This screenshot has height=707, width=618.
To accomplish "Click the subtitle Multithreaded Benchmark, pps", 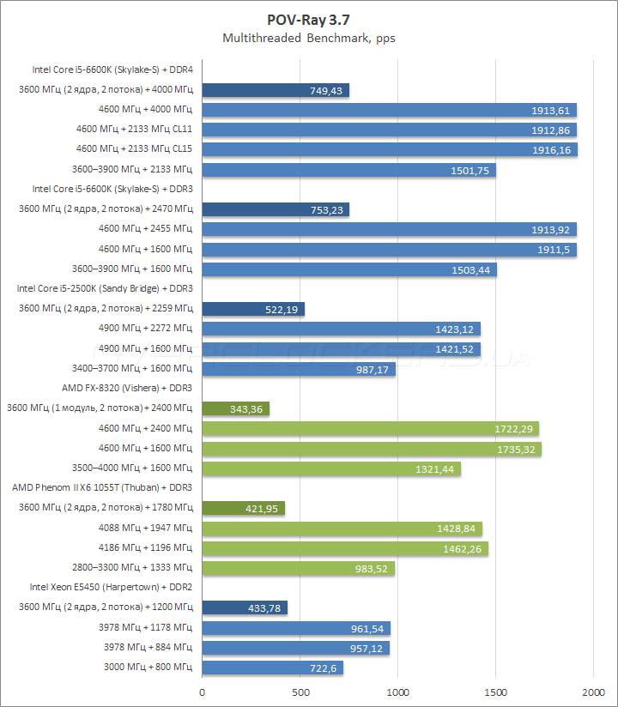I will (309, 38).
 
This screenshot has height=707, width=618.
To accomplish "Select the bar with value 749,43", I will (276, 90).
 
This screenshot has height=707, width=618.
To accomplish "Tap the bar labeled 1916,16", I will (389, 149).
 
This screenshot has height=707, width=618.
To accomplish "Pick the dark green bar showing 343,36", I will (235, 408).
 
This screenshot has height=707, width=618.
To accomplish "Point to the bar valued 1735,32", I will (371, 449).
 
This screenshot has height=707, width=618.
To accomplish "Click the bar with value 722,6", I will (272, 668).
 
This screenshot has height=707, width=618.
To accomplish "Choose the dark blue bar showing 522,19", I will (253, 309).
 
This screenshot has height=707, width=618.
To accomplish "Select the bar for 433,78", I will (245, 607).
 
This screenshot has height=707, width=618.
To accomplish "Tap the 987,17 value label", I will (372, 369).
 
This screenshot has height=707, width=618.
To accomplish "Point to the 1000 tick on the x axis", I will (397, 691).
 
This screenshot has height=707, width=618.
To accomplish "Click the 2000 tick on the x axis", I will (593, 691).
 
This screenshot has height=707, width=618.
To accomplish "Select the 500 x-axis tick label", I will (300, 691).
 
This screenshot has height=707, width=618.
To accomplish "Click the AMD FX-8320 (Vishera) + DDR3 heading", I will (126, 388).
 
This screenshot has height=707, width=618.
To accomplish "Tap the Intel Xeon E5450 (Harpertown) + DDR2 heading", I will (111, 587).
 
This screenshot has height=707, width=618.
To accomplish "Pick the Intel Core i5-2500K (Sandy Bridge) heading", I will (104, 288).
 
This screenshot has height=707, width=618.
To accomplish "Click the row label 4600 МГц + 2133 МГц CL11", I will (134, 129).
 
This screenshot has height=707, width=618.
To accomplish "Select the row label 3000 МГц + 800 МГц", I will (148, 667).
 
